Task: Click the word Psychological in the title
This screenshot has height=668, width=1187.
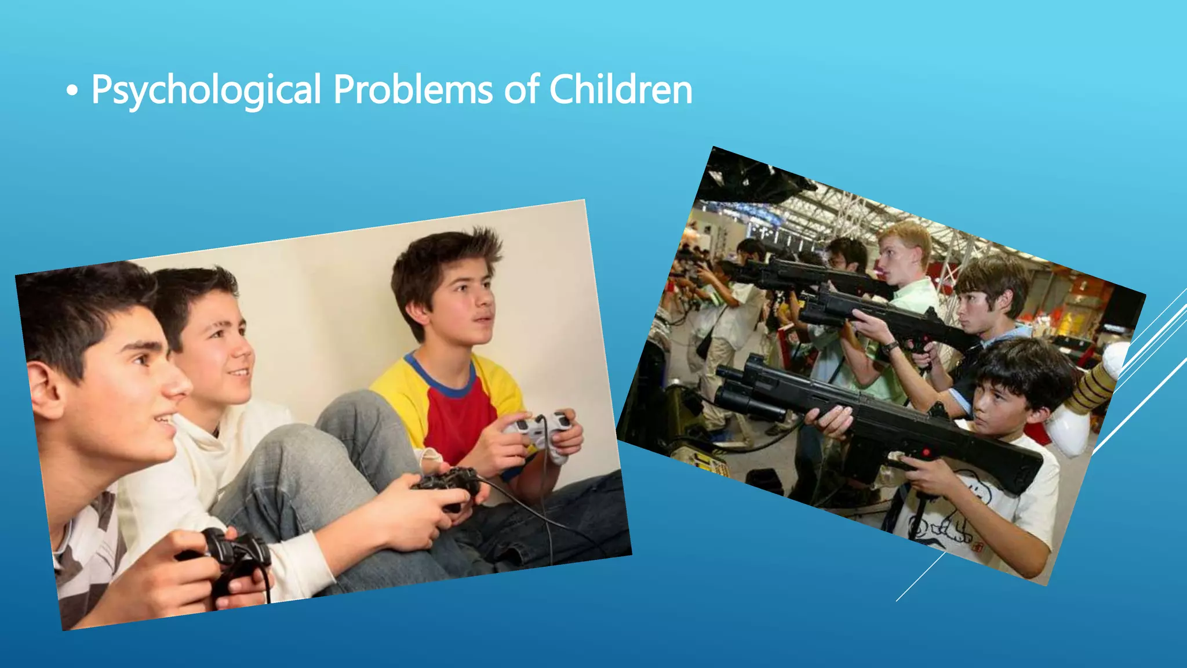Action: [206, 90]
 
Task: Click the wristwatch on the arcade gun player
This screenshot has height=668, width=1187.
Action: [891, 347]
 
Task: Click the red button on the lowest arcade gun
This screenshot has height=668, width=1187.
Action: [926, 452]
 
